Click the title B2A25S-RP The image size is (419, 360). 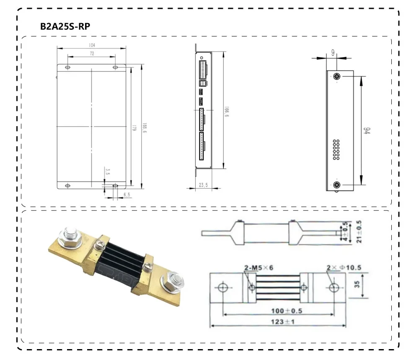point(65,26)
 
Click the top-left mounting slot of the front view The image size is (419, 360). point(67,67)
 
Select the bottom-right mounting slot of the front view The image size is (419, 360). point(116,186)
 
